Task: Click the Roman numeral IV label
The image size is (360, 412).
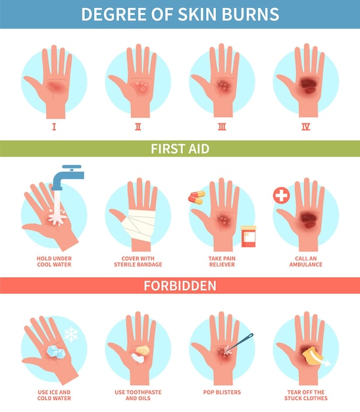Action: point(305,127)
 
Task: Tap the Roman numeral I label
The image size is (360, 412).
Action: point(54,127)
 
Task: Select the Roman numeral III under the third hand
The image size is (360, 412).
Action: point(222,127)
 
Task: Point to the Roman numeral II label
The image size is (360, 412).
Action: point(138,127)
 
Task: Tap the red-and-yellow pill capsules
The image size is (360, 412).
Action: point(197,197)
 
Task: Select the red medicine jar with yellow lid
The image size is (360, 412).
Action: point(248,236)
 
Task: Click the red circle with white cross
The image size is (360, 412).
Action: point(282,195)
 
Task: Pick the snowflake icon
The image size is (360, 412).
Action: point(71,334)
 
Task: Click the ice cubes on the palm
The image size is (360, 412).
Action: point(56,351)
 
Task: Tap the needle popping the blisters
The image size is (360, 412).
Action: point(239,342)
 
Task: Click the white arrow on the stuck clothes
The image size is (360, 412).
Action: point(320,359)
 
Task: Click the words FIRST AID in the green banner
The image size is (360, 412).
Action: point(180,149)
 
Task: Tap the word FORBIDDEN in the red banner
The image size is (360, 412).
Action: point(180,286)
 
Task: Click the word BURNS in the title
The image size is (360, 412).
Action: point(250,14)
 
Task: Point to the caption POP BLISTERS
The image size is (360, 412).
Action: point(222,392)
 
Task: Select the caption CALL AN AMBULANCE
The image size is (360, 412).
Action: point(305,261)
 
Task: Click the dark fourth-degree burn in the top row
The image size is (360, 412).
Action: point(309,85)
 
